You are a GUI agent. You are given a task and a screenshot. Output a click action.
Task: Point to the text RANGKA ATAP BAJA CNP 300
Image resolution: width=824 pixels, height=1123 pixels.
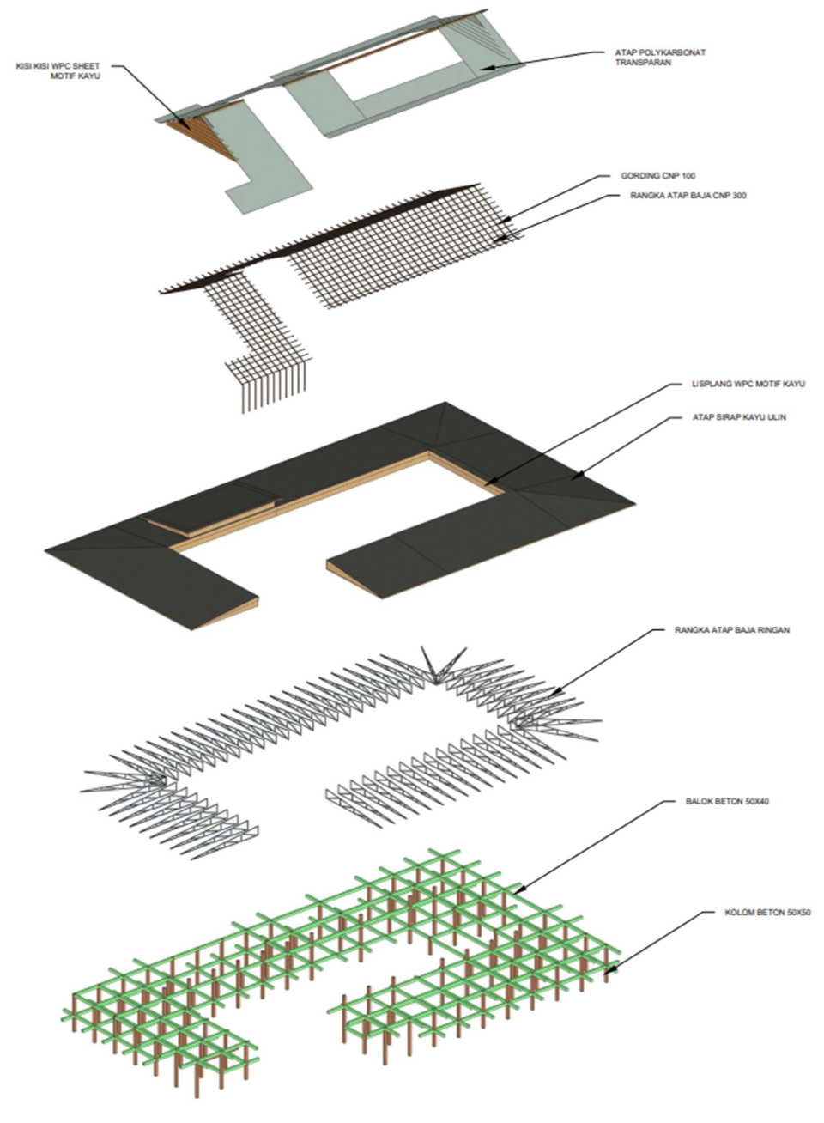682,196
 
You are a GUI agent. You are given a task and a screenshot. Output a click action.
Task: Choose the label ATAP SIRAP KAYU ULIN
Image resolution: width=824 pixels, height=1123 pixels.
738,417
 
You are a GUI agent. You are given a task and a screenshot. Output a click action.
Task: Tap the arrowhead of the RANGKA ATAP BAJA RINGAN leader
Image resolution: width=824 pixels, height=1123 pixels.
552,693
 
